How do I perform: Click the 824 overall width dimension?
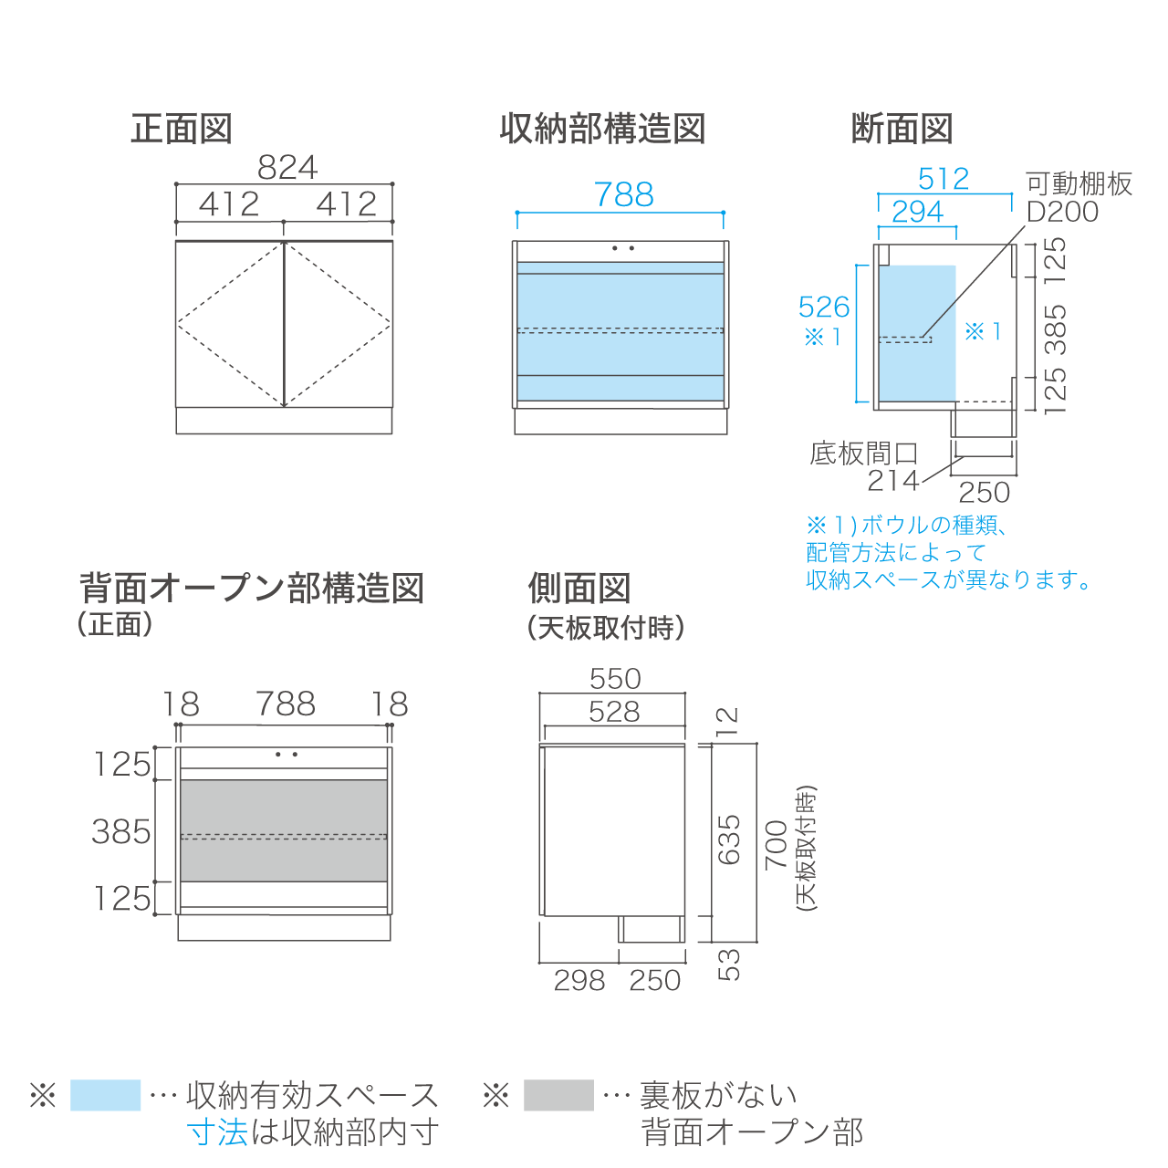click(287, 167)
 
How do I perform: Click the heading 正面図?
click(182, 129)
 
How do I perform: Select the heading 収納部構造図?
click(602, 129)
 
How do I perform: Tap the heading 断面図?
click(902, 129)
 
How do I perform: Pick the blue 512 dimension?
click(944, 179)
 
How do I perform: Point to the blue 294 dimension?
click(918, 212)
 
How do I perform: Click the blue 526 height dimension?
click(824, 307)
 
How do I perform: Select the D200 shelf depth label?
click(1062, 212)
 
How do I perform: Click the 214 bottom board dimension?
click(893, 481)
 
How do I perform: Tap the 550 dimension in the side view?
click(615, 678)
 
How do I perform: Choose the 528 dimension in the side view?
click(614, 711)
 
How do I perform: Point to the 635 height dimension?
click(729, 839)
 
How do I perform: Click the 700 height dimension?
click(777, 845)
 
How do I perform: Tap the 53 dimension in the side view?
click(729, 965)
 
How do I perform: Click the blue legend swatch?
click(106, 1095)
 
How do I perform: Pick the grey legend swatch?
click(558, 1095)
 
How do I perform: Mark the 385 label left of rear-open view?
click(121, 831)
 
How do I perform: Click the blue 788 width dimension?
click(624, 194)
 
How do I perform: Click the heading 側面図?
click(579, 588)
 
